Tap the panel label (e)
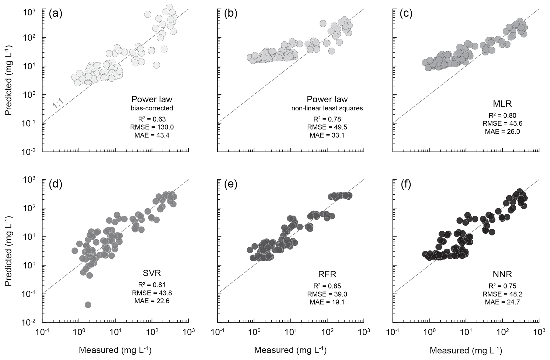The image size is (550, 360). (x=231, y=184)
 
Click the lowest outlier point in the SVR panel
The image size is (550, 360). (x=88, y=305)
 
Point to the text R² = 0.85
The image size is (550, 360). (x=327, y=286)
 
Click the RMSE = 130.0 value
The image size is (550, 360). (x=152, y=127)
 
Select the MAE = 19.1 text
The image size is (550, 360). (x=327, y=302)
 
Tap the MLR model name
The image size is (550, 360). (x=502, y=104)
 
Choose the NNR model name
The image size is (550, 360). (x=502, y=274)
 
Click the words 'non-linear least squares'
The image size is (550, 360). (x=327, y=108)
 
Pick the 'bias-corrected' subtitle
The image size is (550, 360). (x=152, y=108)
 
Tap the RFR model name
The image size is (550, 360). (x=327, y=274)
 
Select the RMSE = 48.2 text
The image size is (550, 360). (x=502, y=294)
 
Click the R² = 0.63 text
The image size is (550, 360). (x=152, y=119)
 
